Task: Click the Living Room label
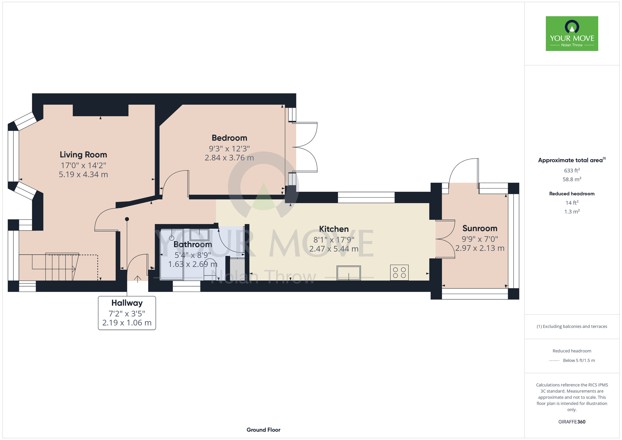pyautogui.click(x=83, y=155)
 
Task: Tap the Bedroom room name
pyautogui.click(x=230, y=138)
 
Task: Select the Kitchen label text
pyautogui.click(x=334, y=229)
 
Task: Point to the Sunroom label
pyautogui.click(x=480, y=228)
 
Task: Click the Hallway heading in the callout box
pyautogui.click(x=127, y=303)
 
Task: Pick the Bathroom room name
pyautogui.click(x=193, y=245)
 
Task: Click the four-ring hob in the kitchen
pyautogui.click(x=399, y=273)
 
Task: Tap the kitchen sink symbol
pyautogui.click(x=349, y=273)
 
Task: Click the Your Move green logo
pyautogui.click(x=572, y=34)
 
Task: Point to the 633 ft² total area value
pyautogui.click(x=572, y=170)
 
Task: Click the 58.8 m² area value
pyautogui.click(x=572, y=179)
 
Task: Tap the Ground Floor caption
pyautogui.click(x=263, y=430)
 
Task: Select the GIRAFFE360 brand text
pyautogui.click(x=572, y=422)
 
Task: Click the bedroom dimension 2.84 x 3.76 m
pyautogui.click(x=229, y=158)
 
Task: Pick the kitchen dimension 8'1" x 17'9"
pyautogui.click(x=334, y=240)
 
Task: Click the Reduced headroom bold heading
pyautogui.click(x=572, y=194)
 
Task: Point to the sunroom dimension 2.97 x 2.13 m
pyautogui.click(x=480, y=248)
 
